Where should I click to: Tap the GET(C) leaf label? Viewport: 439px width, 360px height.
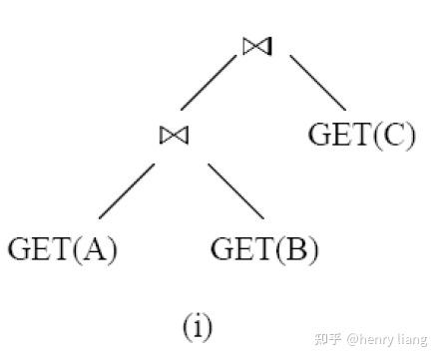(362, 134)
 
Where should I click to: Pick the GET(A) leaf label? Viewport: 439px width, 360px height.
(63, 248)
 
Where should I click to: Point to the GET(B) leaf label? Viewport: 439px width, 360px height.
(265, 248)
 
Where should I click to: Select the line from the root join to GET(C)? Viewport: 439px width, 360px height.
(317, 83)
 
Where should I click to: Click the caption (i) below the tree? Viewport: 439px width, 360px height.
(198, 326)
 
